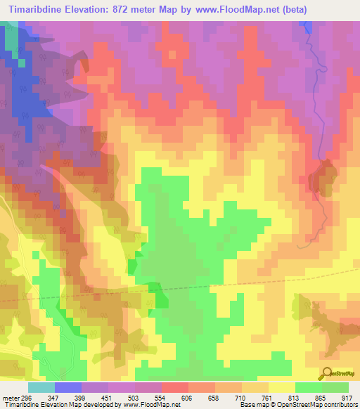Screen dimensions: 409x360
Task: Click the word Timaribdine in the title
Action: pyautogui.click(x=39, y=11)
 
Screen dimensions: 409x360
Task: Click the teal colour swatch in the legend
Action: pyautogui.click(x=41, y=387)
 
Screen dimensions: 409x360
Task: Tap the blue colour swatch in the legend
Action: pyautogui.click(x=68, y=387)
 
